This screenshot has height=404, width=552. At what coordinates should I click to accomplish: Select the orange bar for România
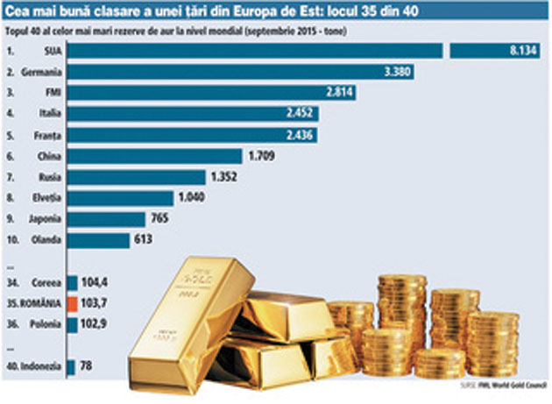click(x=71, y=303)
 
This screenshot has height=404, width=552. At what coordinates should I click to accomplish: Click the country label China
click(x=49, y=156)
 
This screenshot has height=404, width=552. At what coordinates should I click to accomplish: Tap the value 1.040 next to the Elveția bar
click(x=192, y=198)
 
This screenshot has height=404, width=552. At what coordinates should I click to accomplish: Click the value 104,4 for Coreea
click(x=93, y=282)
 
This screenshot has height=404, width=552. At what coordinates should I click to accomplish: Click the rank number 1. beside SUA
click(x=11, y=52)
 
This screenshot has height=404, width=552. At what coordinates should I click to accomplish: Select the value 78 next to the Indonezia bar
click(x=86, y=366)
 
